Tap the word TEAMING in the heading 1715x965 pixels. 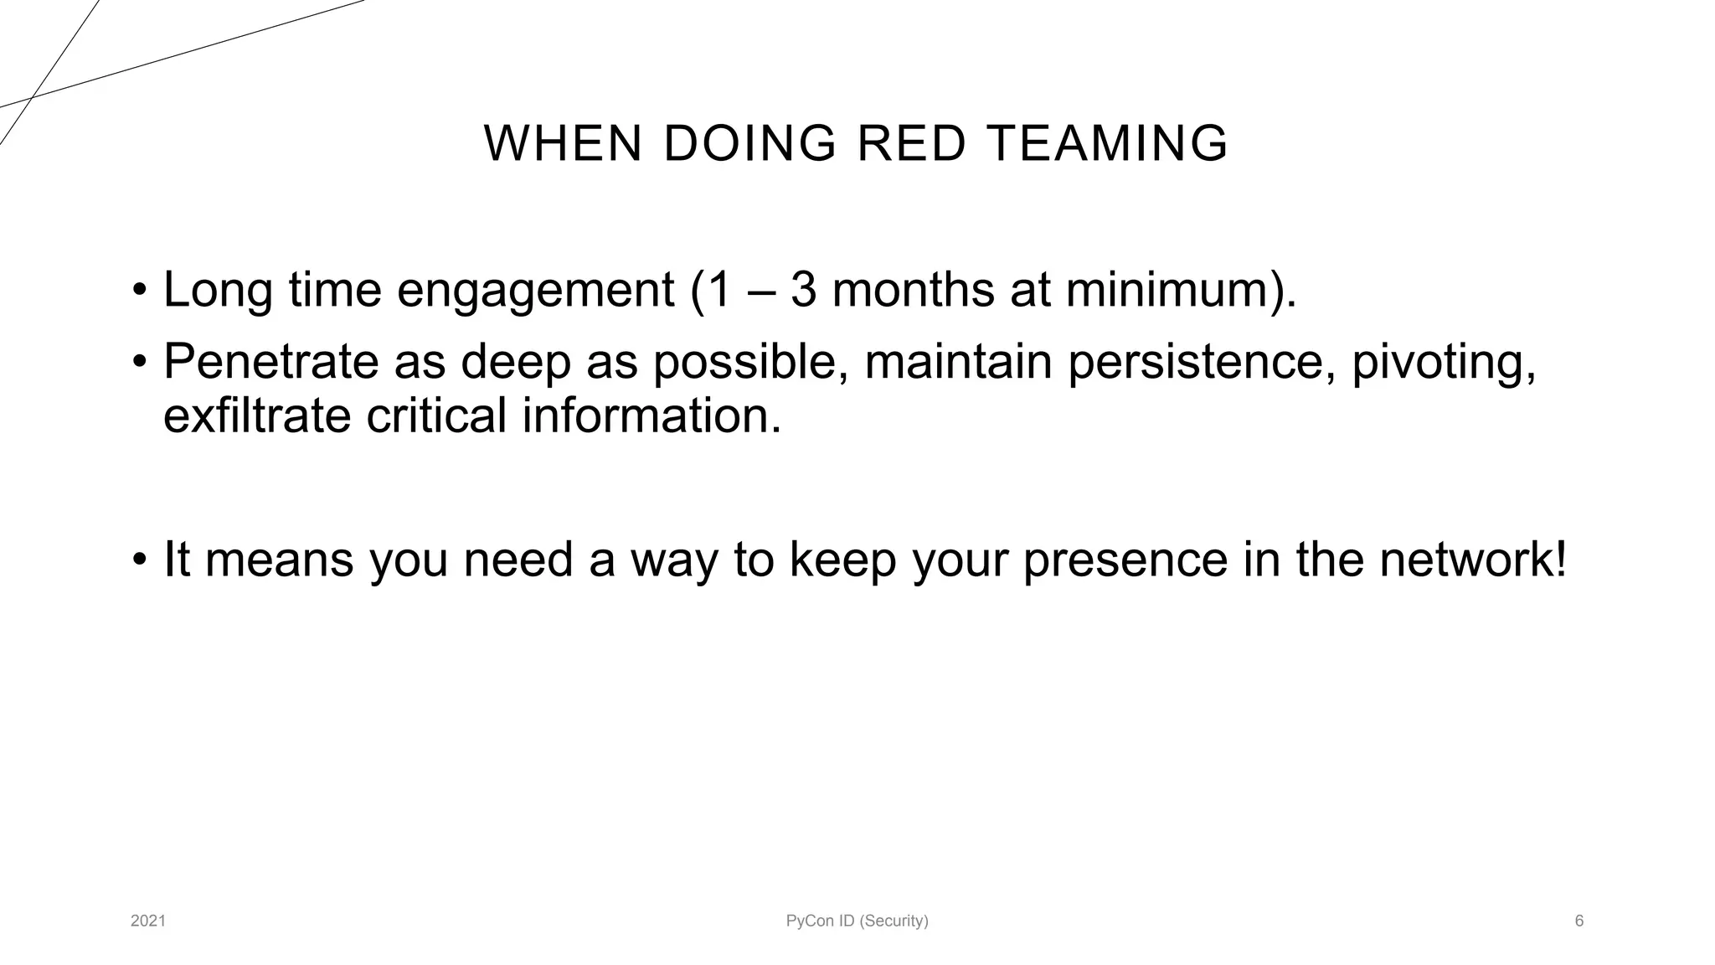click(1108, 143)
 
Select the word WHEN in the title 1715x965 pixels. click(563, 143)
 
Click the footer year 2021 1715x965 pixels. click(148, 921)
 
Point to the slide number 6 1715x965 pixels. click(1579, 921)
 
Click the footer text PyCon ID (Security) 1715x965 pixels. click(857, 921)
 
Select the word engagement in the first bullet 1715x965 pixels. click(535, 291)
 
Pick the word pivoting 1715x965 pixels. click(1443, 364)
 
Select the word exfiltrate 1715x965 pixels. click(255, 416)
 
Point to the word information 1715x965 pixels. click(651, 416)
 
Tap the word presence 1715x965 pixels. click(1125, 561)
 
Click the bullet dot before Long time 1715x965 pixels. click(139, 292)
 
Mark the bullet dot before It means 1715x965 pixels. click(139, 560)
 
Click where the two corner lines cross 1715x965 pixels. click(31, 97)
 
